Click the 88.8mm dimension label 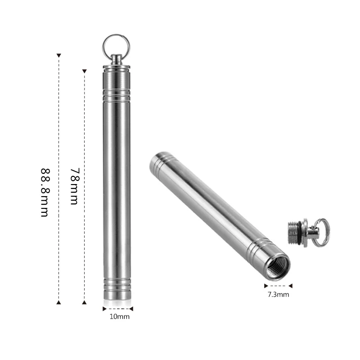45,193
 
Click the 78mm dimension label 75,186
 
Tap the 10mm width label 120,317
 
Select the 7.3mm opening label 279,295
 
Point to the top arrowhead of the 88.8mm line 59,55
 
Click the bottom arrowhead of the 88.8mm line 59,302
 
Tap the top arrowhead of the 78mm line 85,71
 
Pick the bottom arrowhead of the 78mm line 85,302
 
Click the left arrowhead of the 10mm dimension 104,309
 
